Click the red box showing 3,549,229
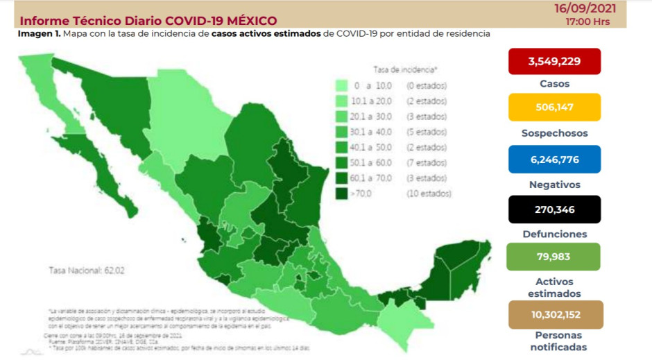[554, 61]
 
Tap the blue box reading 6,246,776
[554, 160]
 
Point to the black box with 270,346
[554, 209]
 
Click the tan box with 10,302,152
[555, 314]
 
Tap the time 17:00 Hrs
[590, 22]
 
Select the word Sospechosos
[554, 133]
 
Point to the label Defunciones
[554, 234]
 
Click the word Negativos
[554, 185]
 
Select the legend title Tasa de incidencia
[405, 70]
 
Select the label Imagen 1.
[38, 33]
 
